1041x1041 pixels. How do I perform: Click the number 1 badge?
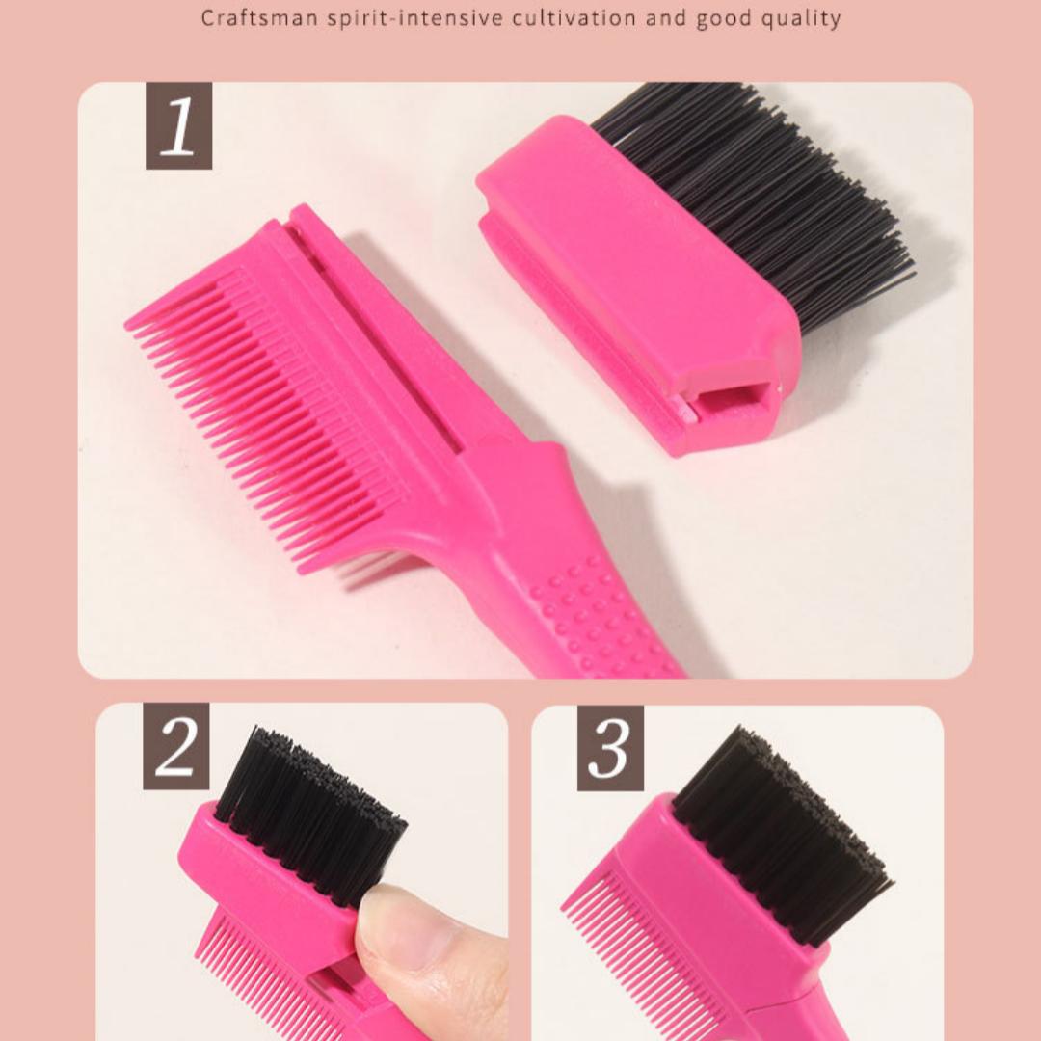tap(178, 126)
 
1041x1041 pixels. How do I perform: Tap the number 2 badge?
tap(176, 746)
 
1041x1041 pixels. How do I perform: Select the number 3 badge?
tap(610, 748)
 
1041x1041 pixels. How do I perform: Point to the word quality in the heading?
tap(803, 18)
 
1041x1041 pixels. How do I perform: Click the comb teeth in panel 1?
tap(260, 405)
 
